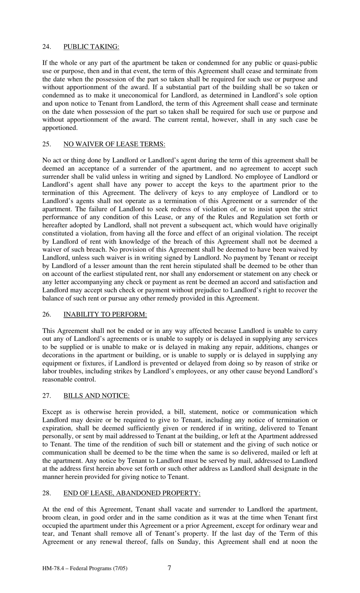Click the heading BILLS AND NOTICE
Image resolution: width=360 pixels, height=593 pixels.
coord(96,395)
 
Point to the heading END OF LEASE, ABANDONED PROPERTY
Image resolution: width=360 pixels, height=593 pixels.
coord(132,493)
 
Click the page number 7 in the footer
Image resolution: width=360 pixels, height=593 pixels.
coord(169,568)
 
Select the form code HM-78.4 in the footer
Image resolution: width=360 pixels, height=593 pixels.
coord(53,568)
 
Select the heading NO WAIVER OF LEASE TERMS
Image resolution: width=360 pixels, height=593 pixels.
coord(114,144)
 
